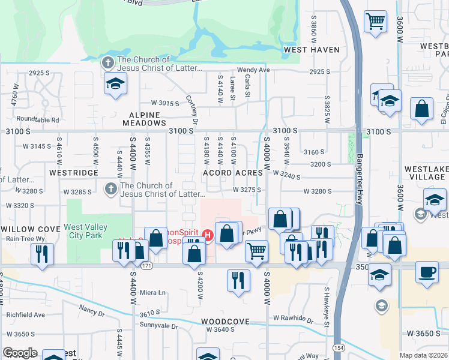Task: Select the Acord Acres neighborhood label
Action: (233, 173)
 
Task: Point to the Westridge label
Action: (74, 172)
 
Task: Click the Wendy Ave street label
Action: (253, 70)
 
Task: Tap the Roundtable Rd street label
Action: (38, 119)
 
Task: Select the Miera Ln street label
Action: (152, 292)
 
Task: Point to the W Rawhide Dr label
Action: (293, 318)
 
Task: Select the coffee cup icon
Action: (427, 272)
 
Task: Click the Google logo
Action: (20, 353)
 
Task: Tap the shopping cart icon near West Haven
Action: (375, 22)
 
